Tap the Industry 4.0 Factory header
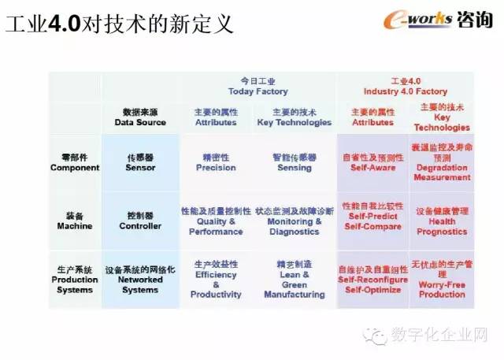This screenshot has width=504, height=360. (x=406, y=86)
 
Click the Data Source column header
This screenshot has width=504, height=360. (x=140, y=117)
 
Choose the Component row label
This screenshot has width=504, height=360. (x=75, y=162)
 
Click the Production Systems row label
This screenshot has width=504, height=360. (x=75, y=279)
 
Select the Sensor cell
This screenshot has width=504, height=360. (x=140, y=162)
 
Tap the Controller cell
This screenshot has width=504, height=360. (x=140, y=221)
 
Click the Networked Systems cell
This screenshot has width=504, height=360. (x=140, y=279)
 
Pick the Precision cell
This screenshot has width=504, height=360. (x=216, y=162)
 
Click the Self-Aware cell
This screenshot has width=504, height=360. (x=372, y=162)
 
